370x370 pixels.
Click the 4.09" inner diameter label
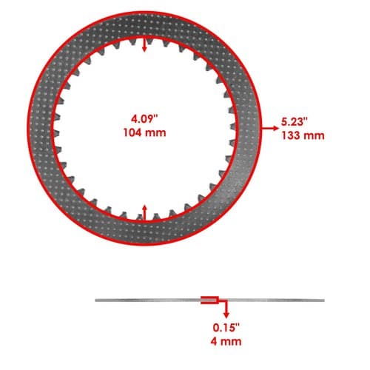pos(144,119)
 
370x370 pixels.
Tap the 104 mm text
pos(144,133)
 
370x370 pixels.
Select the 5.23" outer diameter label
pos(295,122)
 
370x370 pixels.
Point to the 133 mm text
pos(303,135)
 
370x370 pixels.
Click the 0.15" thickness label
pos(226,328)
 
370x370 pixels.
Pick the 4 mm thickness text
pos(226,342)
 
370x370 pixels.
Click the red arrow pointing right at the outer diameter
pos(270,128)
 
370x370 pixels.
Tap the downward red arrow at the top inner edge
pos(145,44)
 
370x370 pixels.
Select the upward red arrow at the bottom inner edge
pos(145,212)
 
